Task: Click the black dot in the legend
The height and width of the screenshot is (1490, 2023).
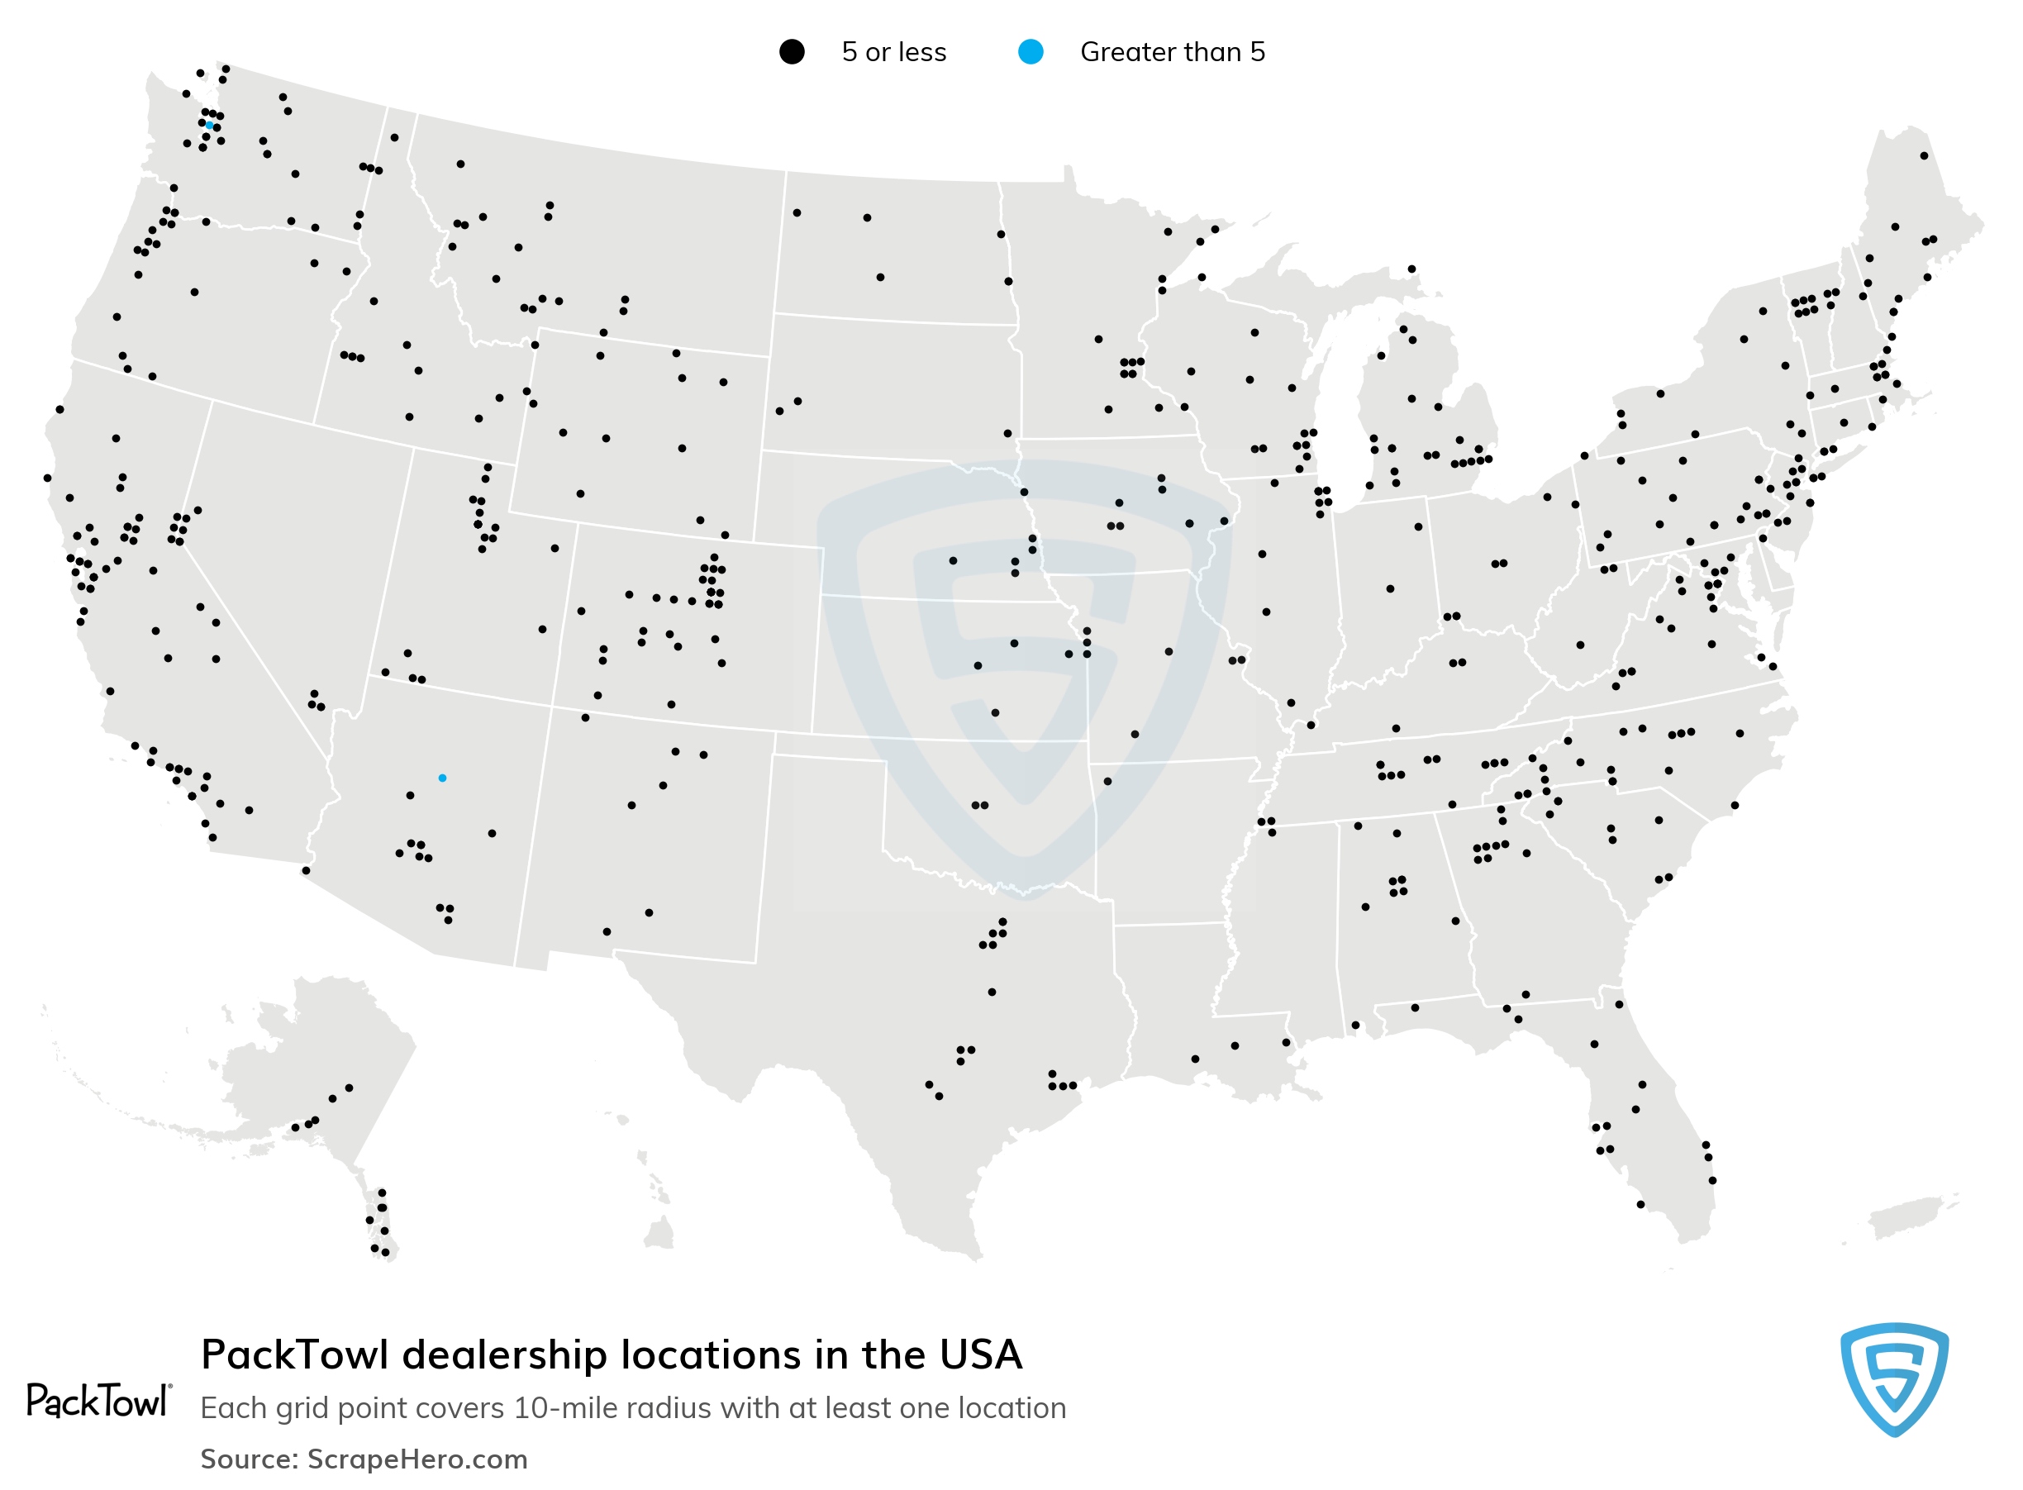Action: [791, 52]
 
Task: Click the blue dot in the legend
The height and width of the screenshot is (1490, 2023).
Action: [1030, 52]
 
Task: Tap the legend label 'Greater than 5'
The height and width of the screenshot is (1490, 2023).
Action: [1172, 52]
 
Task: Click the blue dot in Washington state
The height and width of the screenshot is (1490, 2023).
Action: [209, 126]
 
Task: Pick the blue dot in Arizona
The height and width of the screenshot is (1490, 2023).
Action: [442, 778]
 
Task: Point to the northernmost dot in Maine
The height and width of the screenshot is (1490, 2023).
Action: [1924, 156]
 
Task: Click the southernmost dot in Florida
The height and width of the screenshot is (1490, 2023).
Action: [1640, 1204]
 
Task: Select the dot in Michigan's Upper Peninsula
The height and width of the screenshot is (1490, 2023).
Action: [1411, 269]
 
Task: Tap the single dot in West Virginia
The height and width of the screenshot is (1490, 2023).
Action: [1580, 645]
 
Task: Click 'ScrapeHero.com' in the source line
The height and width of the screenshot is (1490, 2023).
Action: [416, 1459]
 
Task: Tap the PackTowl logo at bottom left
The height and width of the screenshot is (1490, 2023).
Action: [98, 1401]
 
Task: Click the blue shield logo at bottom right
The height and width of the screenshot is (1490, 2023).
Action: [1894, 1378]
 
